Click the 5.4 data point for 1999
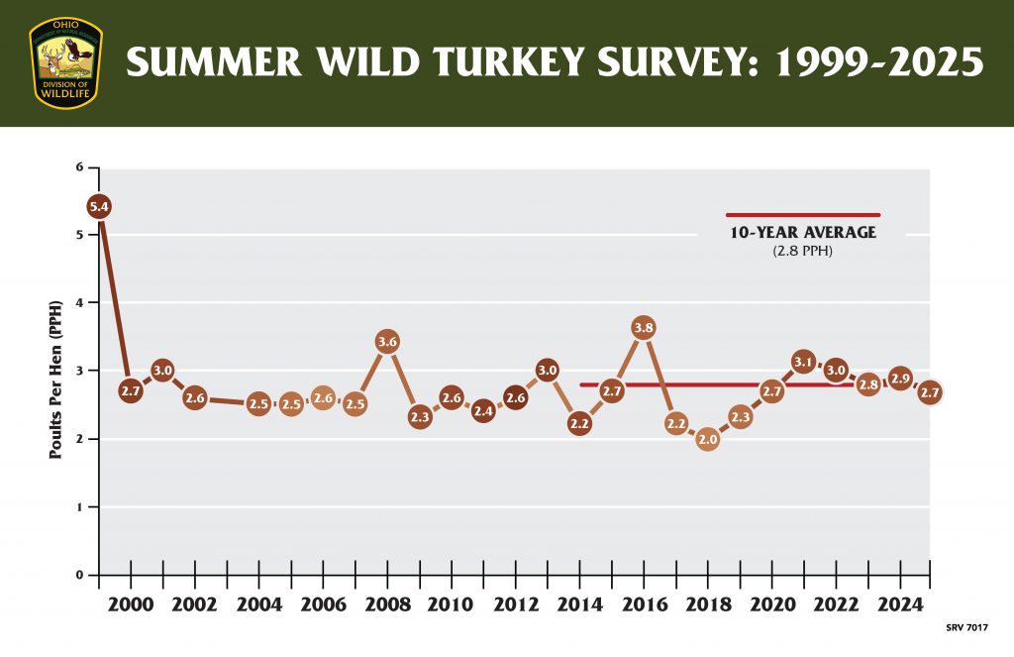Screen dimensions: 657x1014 click(x=99, y=207)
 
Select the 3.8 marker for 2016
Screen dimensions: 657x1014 click(x=644, y=328)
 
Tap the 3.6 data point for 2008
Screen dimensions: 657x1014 click(x=387, y=342)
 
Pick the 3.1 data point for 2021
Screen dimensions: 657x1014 click(x=803, y=363)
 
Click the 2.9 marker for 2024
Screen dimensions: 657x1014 click(x=899, y=378)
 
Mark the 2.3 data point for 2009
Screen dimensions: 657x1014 click(x=419, y=417)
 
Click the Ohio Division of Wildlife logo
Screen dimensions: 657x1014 click(x=65, y=62)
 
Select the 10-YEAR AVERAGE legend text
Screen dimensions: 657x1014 click(x=803, y=233)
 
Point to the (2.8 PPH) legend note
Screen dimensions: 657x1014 click(x=803, y=253)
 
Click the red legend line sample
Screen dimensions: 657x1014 click(x=803, y=215)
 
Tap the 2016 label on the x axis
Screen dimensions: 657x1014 click(x=643, y=605)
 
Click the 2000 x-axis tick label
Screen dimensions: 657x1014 click(x=131, y=605)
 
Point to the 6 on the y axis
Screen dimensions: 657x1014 click(x=78, y=166)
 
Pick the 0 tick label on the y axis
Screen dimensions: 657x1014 click(x=78, y=575)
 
